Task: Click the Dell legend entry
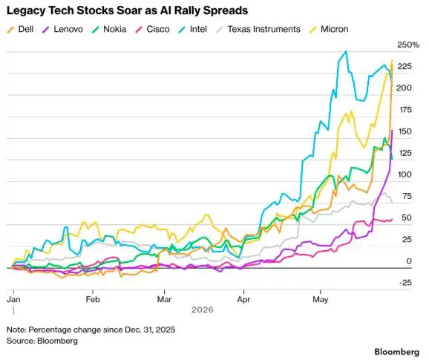[20, 29]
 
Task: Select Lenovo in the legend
[63, 29]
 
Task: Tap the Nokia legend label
[109, 29]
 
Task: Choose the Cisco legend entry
[152, 29]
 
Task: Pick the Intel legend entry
[193, 29]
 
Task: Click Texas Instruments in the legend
[258, 29]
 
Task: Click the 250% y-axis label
[408, 45]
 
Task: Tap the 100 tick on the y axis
[405, 174]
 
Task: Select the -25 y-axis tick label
[405, 283]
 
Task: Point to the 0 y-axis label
[409, 261]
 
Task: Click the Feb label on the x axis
[93, 299]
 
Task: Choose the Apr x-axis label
[243, 299]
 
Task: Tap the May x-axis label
[321, 299]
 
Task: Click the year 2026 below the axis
[203, 310]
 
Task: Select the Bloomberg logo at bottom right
[397, 352]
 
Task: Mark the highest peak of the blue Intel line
[346, 51]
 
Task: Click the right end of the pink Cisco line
[393, 219]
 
